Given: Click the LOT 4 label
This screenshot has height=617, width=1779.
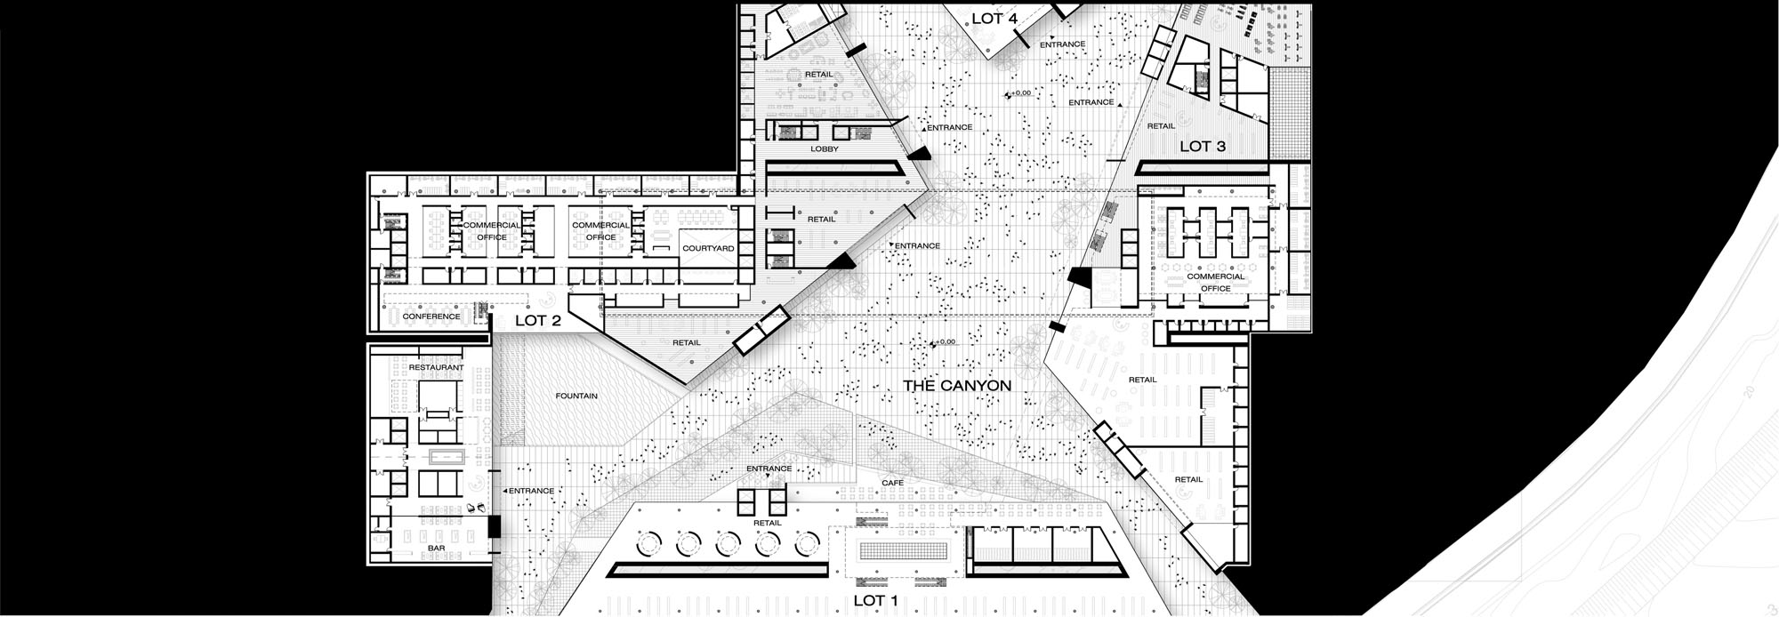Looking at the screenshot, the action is [994, 18].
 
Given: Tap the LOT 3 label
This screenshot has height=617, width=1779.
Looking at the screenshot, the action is [1203, 146].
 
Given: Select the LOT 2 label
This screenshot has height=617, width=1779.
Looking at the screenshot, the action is [538, 321].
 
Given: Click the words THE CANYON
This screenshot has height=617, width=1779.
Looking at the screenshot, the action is [957, 386].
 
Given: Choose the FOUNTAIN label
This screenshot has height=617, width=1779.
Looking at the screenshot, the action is [576, 396].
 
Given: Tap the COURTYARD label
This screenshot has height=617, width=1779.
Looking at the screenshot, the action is [708, 249].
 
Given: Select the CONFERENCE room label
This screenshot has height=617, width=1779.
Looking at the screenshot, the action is [431, 317].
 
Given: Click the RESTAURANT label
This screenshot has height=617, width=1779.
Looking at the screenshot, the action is [436, 367].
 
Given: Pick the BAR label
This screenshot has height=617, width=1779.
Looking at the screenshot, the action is [436, 549].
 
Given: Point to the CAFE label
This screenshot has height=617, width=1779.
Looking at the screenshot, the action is [892, 483].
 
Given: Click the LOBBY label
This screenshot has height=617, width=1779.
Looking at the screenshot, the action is [825, 149].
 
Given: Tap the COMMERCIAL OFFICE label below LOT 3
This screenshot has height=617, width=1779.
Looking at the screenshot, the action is [1216, 283].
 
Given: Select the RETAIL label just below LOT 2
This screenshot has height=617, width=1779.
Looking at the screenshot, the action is [686, 342].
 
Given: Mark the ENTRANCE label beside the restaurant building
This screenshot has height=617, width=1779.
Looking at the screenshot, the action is [530, 491].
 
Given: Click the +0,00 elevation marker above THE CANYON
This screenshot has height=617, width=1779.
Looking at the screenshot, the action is [942, 342].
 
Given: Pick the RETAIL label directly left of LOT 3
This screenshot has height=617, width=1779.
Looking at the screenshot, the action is [1161, 126].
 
